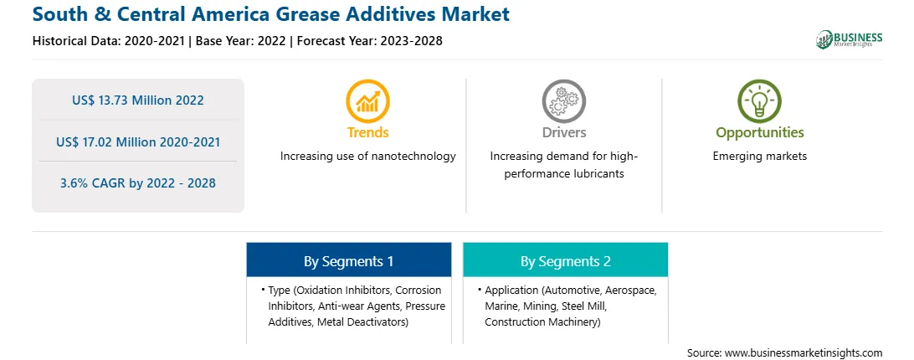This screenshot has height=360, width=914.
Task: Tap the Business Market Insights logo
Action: tap(850, 39)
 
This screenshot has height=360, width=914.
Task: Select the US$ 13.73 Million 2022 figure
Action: tap(138, 100)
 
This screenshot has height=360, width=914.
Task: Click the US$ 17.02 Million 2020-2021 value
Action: tap(138, 141)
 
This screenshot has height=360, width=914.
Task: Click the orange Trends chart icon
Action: tap(367, 101)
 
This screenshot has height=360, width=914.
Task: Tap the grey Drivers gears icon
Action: tap(563, 101)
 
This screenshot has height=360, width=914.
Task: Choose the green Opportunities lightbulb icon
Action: tap(759, 101)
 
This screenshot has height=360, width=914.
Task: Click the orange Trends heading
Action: tap(367, 132)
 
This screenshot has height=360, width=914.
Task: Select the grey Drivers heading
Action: tap(564, 132)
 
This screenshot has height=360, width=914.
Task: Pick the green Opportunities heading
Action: tap(759, 133)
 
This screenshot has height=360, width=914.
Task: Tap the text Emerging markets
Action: tap(759, 157)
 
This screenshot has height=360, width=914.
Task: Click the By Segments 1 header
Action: tap(348, 261)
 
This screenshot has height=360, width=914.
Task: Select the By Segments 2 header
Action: tap(566, 261)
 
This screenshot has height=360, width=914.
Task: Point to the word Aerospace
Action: tap(631, 290)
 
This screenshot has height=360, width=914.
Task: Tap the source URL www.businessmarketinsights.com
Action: tap(804, 352)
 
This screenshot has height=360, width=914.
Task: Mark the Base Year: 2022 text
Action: tap(241, 41)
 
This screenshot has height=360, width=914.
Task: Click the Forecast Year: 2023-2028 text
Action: tap(370, 41)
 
